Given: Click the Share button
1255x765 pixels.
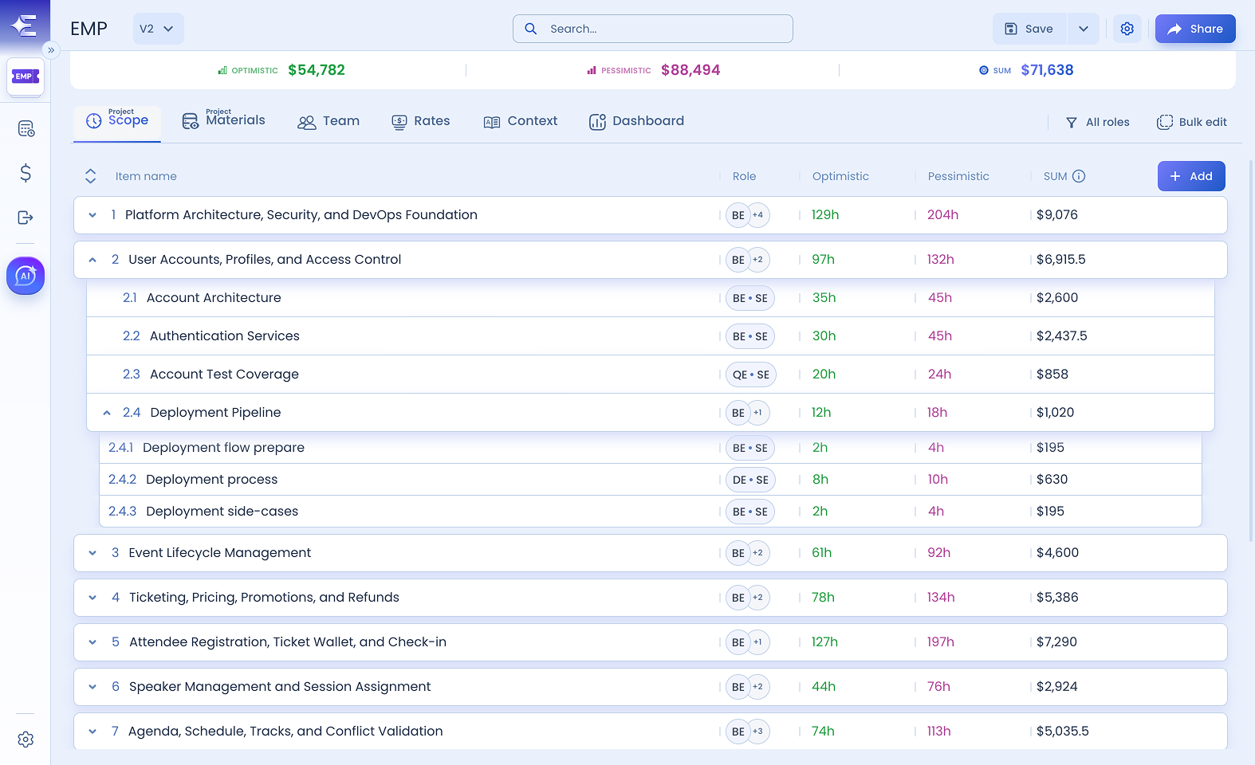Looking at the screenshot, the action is tap(1195, 29).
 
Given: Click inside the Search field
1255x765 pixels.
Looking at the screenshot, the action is tap(653, 29).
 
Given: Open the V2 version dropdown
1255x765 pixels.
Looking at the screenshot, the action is tap(158, 29).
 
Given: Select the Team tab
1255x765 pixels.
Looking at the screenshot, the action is tap(329, 122).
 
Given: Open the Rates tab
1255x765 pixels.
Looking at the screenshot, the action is tap(421, 122).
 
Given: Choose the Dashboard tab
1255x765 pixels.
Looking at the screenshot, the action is tap(636, 122).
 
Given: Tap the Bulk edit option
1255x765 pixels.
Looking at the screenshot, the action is tap(1192, 122).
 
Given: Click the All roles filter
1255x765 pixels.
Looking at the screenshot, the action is tap(1097, 122).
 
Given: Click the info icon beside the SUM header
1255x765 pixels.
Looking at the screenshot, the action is tap(1079, 176).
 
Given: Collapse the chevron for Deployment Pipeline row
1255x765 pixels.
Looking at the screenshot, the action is tap(107, 413).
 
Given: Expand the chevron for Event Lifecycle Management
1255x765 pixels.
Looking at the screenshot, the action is tap(92, 553).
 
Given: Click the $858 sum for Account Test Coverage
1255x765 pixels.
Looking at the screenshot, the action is tap(1052, 374).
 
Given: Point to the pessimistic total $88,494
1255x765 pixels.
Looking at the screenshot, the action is tap(690, 70).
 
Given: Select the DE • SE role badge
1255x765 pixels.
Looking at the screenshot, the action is tap(750, 480).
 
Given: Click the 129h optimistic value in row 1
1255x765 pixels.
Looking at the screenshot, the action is tap(825, 215).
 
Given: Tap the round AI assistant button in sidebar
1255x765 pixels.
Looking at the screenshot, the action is tap(26, 276).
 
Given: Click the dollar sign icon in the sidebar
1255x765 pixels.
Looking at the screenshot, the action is tap(26, 173).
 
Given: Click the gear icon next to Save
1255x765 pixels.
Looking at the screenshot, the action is tap(1127, 29).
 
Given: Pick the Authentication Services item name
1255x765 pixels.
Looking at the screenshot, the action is tap(225, 336).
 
